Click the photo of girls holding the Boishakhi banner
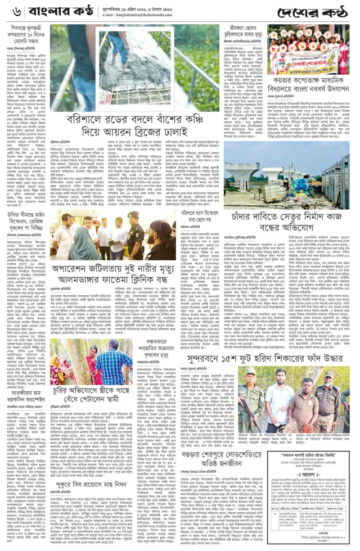point(308,49)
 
